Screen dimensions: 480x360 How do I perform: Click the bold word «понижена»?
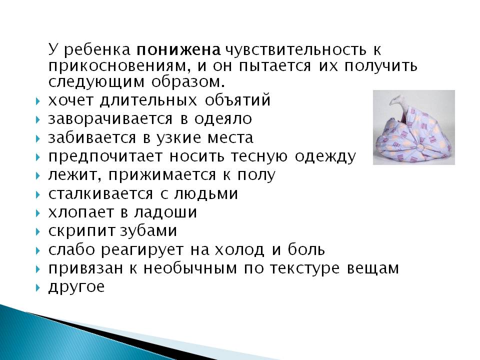(x=178, y=49)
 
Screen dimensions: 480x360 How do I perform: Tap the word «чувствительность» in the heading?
(x=295, y=50)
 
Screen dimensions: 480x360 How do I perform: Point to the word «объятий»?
(x=237, y=100)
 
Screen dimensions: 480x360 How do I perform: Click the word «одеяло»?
(x=223, y=119)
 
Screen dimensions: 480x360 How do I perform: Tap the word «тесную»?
(x=259, y=156)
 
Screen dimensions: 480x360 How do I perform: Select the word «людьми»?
(x=206, y=194)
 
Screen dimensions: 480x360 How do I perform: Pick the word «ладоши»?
(x=165, y=212)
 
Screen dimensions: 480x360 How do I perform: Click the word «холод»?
(x=238, y=250)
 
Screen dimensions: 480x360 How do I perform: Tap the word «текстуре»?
(x=304, y=269)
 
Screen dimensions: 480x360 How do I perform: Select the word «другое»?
(x=76, y=287)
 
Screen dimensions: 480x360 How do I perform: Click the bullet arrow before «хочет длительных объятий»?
(x=37, y=101)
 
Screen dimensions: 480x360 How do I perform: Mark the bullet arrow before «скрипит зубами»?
(x=37, y=231)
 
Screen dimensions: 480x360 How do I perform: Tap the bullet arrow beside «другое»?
(x=37, y=288)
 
